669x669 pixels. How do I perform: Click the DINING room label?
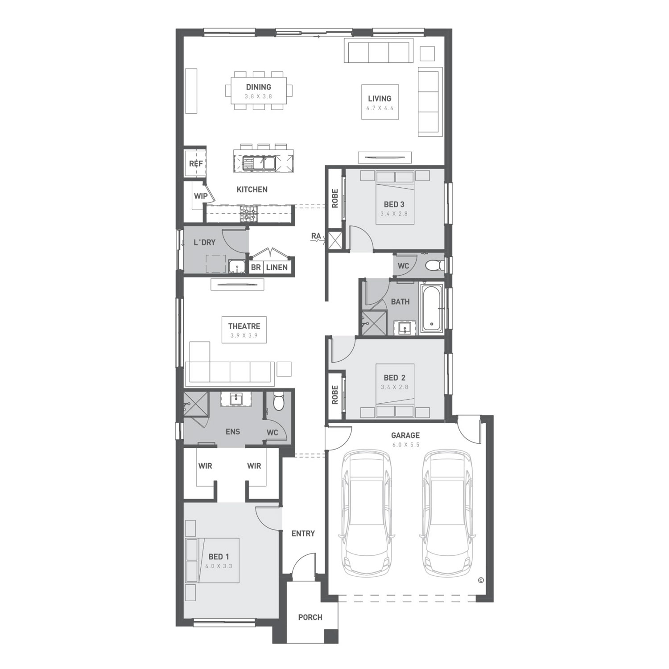click(258, 87)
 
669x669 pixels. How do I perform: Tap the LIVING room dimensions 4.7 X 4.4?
click(380, 108)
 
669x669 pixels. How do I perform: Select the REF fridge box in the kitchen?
click(195, 164)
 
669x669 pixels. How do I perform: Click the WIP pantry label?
click(201, 196)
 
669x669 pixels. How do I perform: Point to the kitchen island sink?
click(258, 162)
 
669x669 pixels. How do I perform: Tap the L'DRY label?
click(204, 242)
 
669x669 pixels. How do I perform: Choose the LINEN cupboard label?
click(277, 267)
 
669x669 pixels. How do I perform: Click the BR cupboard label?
click(256, 267)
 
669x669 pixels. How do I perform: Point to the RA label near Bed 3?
click(316, 236)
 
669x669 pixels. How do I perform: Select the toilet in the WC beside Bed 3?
click(432, 266)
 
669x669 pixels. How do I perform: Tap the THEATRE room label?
click(244, 326)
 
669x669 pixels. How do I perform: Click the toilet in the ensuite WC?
click(278, 401)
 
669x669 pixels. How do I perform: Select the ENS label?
click(233, 431)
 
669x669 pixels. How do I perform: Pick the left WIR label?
click(205, 466)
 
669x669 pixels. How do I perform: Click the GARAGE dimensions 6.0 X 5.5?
click(405, 445)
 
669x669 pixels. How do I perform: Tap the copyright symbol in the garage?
click(481, 580)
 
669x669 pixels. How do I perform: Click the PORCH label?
click(310, 617)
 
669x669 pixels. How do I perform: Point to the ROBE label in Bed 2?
click(335, 395)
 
